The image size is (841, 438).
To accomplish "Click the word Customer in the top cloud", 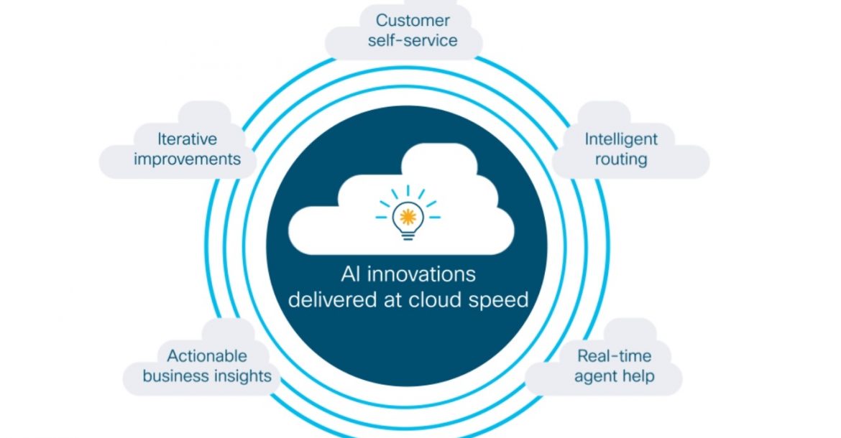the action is click(413, 20).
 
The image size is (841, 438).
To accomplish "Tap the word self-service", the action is click(413, 41).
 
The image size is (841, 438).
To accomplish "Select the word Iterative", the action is click(187, 139).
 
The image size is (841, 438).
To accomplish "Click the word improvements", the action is click(187, 159).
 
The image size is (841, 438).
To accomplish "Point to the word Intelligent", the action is click(620, 140).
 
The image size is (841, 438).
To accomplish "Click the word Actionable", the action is click(207, 356).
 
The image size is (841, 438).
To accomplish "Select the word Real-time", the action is click(614, 356).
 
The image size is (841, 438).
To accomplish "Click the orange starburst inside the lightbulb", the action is click(408, 216).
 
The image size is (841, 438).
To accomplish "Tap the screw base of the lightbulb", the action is click(408, 235).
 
